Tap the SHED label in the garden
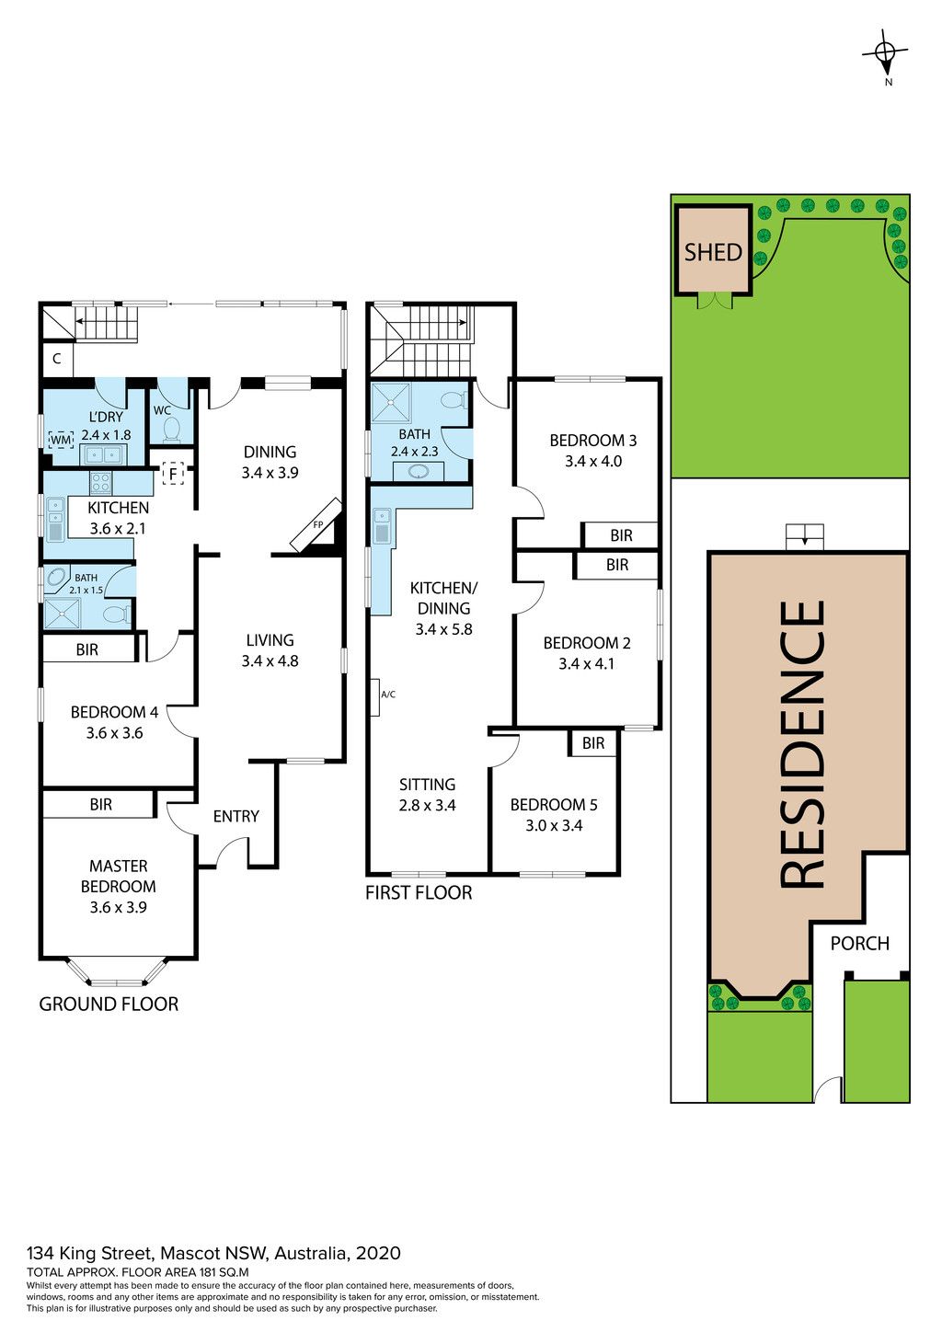(x=712, y=252)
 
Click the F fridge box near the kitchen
(x=173, y=474)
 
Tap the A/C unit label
(x=388, y=694)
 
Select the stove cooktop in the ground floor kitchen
(x=100, y=482)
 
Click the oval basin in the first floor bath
(x=418, y=472)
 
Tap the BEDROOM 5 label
(x=554, y=805)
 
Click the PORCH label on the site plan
(x=859, y=943)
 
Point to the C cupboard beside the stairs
(x=57, y=359)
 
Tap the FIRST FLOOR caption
(x=419, y=892)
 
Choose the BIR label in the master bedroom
(x=100, y=805)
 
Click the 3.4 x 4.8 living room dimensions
(x=270, y=660)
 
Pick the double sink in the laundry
(x=104, y=455)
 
